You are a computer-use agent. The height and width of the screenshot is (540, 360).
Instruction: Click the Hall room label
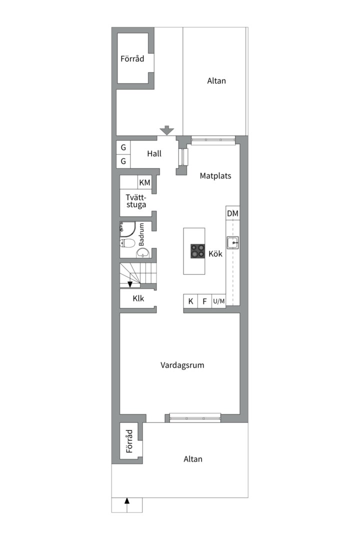coord(154,153)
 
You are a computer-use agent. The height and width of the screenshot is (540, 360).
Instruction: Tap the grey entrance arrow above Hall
coord(167,130)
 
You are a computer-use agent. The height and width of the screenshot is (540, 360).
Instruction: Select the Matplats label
coord(215,175)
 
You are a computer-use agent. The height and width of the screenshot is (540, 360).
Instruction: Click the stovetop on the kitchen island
coord(197,251)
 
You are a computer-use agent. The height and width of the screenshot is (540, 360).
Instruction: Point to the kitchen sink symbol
coord(233,243)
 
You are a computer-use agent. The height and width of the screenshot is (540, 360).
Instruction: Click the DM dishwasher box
coord(233,213)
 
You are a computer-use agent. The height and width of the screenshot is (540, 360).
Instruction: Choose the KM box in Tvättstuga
coord(144,182)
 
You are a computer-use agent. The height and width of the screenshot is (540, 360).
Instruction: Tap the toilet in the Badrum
coord(127,243)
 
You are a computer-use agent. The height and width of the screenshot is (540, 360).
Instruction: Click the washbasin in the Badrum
coord(142,253)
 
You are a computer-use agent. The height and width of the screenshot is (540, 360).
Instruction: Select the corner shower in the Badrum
coord(127,229)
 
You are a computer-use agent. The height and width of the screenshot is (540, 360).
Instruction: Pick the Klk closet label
coord(138,298)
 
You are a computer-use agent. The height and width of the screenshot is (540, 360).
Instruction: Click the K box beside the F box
coord(190,301)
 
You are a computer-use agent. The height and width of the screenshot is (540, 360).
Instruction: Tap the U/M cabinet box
coord(219,301)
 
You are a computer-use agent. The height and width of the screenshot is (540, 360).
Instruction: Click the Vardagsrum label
coord(182,365)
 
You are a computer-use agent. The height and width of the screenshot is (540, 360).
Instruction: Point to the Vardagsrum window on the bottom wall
coord(195,418)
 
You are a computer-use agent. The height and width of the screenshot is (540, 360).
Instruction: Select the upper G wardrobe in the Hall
coord(123,147)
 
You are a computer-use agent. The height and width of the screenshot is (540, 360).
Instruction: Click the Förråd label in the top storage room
coord(132,58)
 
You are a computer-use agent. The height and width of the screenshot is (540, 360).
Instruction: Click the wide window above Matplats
coord(213,139)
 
